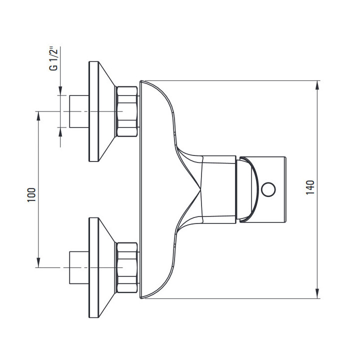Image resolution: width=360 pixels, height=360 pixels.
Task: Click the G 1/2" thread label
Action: click(55, 59)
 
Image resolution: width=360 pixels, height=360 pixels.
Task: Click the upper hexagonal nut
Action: click(127, 111)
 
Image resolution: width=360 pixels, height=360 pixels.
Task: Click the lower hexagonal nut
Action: click(127, 268)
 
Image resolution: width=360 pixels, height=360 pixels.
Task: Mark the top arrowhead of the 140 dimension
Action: click(317, 84)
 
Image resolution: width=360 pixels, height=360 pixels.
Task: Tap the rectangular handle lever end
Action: click(272, 189)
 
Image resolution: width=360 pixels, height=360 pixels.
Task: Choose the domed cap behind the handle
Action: click(247, 189)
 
